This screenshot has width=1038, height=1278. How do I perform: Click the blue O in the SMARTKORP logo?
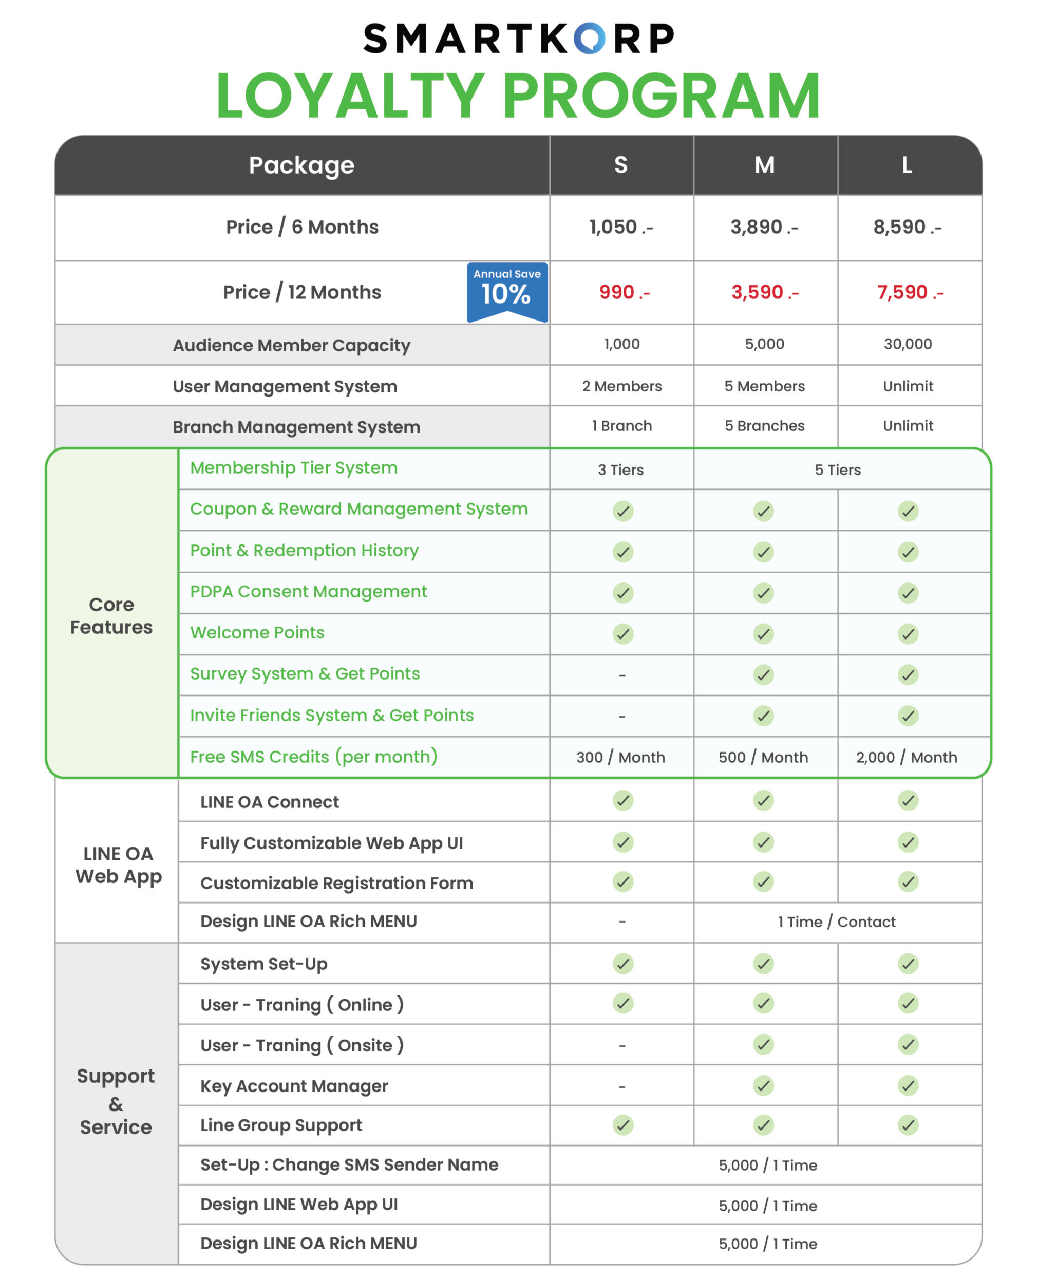coord(589,39)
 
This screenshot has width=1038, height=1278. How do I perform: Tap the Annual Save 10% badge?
coord(506,291)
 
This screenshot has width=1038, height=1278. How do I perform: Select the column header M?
coord(764,165)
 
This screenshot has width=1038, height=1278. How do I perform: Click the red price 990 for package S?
coord(624,292)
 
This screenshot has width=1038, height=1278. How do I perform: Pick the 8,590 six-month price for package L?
coord(907,227)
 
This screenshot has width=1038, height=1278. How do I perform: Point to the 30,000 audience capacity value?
coord(907,344)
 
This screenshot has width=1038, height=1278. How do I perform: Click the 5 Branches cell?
coord(764,426)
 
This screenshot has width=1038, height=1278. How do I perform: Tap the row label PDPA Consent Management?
coord(308,591)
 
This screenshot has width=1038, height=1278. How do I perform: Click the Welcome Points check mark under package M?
coord(764,633)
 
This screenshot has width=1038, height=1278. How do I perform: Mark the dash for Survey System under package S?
coord(622,675)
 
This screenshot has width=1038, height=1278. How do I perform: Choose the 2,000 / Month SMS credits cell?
coord(906,757)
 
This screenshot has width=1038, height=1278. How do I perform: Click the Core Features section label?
coord(111,615)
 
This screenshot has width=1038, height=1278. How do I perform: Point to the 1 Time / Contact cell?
coord(836,922)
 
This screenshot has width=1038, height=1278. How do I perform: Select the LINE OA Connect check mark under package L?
coord(908,801)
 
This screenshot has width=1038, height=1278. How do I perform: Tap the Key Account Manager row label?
coord(294,1085)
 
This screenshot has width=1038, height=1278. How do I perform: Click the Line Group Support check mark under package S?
coord(622,1125)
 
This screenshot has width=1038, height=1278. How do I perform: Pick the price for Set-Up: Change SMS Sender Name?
coord(767,1165)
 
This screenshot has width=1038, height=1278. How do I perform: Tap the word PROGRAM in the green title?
coord(660,96)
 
